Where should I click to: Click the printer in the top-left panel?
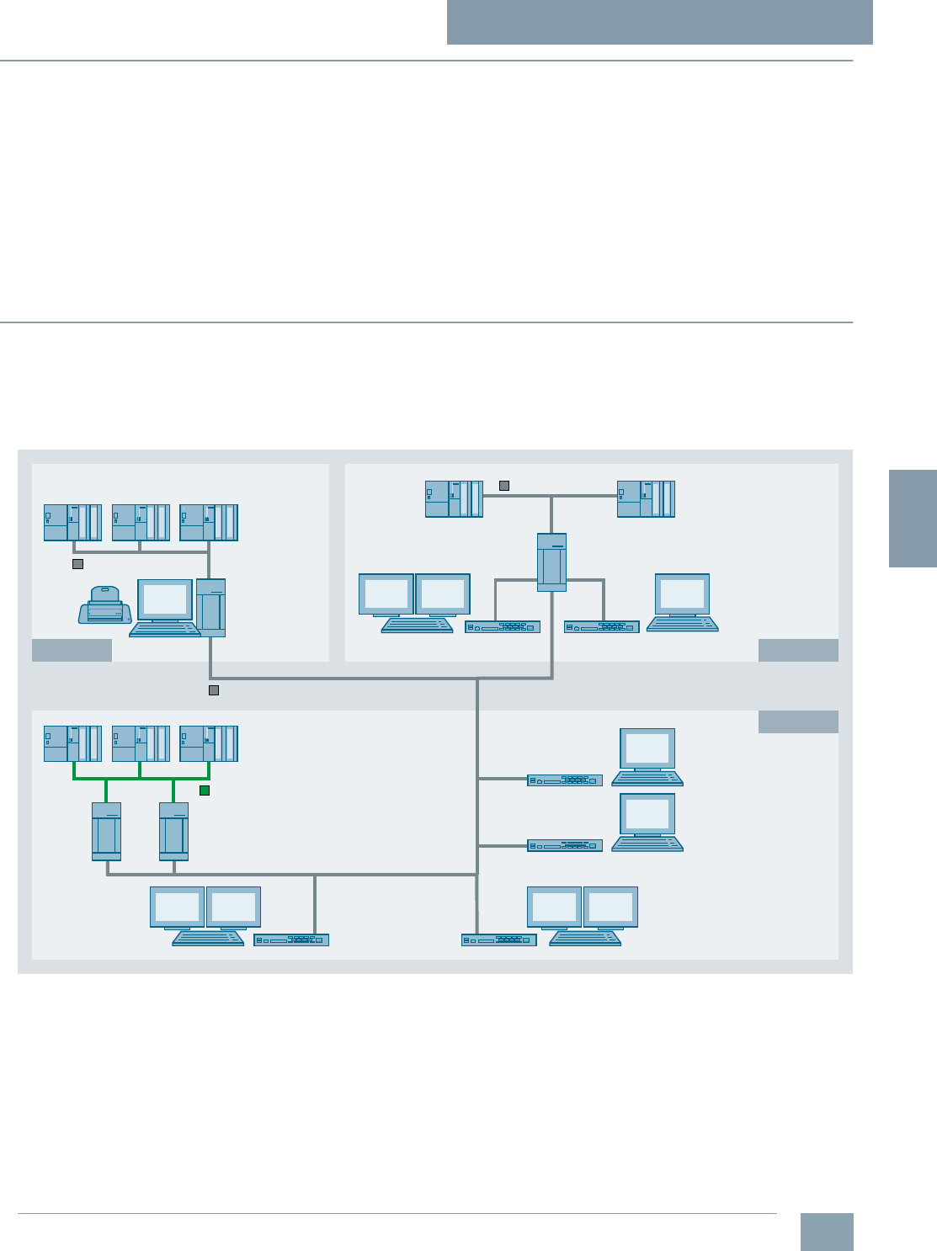pos(104,605)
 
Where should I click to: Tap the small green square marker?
pos(205,791)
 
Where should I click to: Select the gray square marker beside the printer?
pos(77,564)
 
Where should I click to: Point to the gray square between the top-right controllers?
pos(504,485)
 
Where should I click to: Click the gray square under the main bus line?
pos(214,690)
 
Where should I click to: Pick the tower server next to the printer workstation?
pos(210,607)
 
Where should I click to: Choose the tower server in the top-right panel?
pos(551,562)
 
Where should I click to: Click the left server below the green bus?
pos(106,831)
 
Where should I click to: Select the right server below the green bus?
pos(173,831)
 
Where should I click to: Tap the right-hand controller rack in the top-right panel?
pos(646,498)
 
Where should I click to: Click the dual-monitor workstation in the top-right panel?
pos(414,603)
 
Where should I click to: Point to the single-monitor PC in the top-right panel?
pos(683,603)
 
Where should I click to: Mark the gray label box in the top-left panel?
pos(72,650)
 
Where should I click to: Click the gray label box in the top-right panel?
pos(798,650)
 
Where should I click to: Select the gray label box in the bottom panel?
pos(798,721)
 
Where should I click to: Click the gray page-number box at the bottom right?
pos(827,1232)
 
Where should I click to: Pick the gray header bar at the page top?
pos(659,22)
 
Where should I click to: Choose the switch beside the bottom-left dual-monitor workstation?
pos(291,940)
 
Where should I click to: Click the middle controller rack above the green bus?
pos(141,743)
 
